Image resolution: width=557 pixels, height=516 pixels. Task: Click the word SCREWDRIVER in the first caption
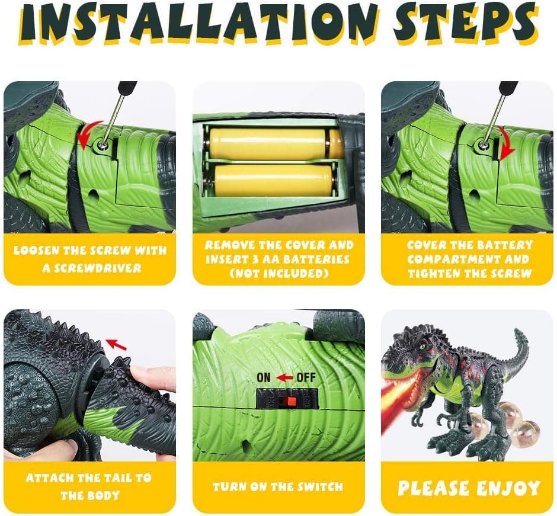(x=91, y=268)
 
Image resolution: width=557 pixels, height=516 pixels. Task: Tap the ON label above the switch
(x=264, y=377)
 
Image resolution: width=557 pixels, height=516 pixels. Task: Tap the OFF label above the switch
(x=306, y=377)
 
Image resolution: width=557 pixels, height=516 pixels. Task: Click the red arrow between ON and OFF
(x=284, y=378)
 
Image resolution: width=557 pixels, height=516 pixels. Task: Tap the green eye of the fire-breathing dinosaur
(x=422, y=345)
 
